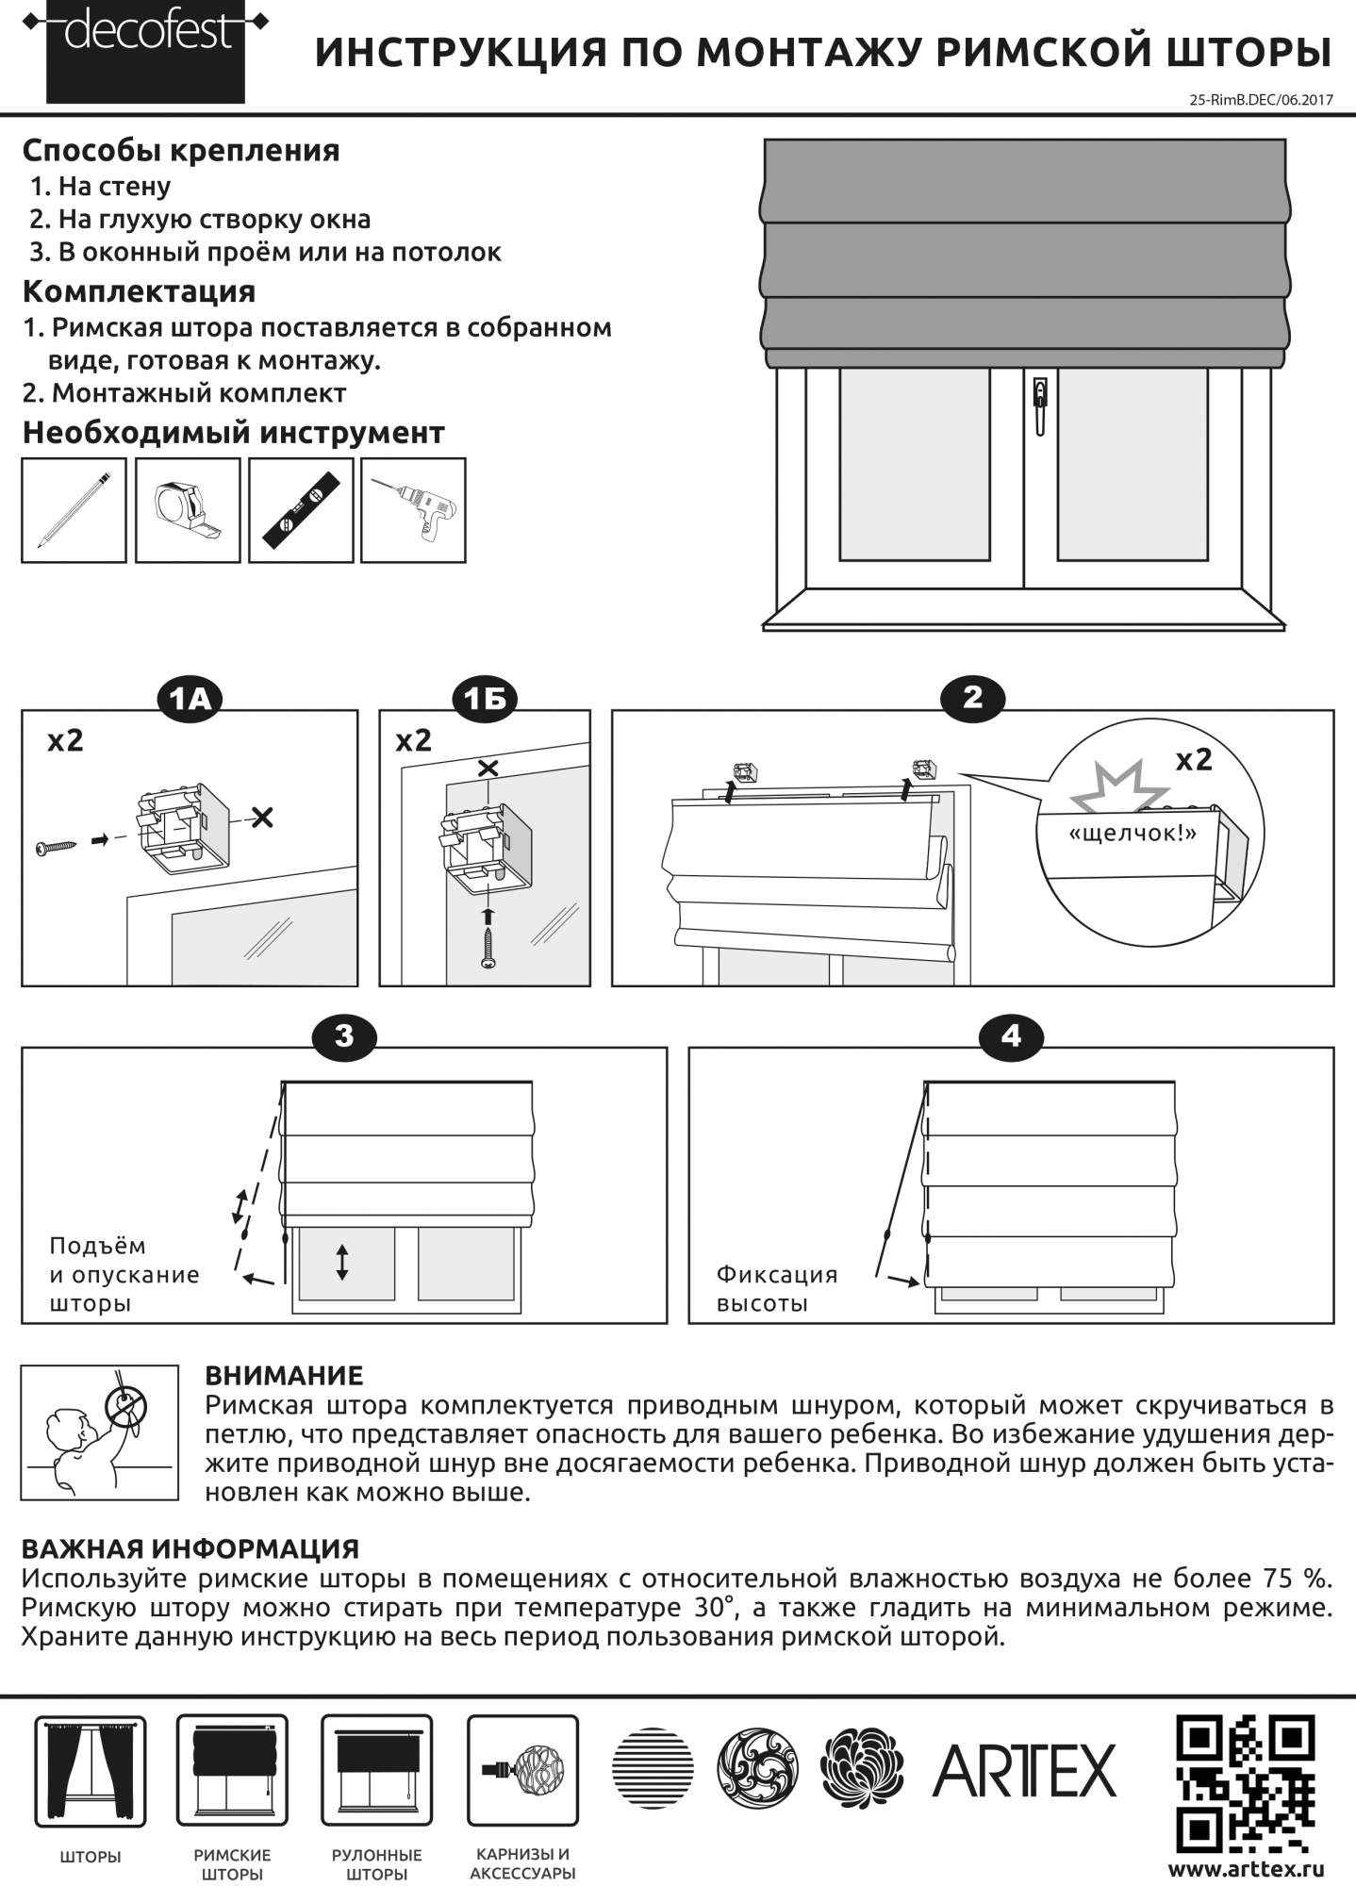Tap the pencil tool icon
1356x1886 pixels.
coord(74,510)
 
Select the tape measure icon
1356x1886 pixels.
coord(188,510)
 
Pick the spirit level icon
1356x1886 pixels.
coord(301,510)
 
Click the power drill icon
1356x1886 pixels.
coord(414,510)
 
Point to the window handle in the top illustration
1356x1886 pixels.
coord(1039,405)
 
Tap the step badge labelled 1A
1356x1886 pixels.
coord(189,698)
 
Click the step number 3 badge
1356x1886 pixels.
coord(344,1035)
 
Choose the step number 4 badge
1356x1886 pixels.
coord(1011,1035)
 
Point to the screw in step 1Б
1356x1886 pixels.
coord(488,946)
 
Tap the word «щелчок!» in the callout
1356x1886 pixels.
coord(1132,834)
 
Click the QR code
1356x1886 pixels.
coord(1246,1782)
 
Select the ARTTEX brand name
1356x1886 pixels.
coord(1024,1771)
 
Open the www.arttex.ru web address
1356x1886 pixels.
coord(1246,1868)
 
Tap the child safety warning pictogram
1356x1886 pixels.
coord(100,1431)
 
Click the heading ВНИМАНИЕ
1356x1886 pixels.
coord(284,1375)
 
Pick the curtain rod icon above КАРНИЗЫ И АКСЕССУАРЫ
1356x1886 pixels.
coord(522,1770)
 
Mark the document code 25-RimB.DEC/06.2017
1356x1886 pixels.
coord(1262,99)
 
